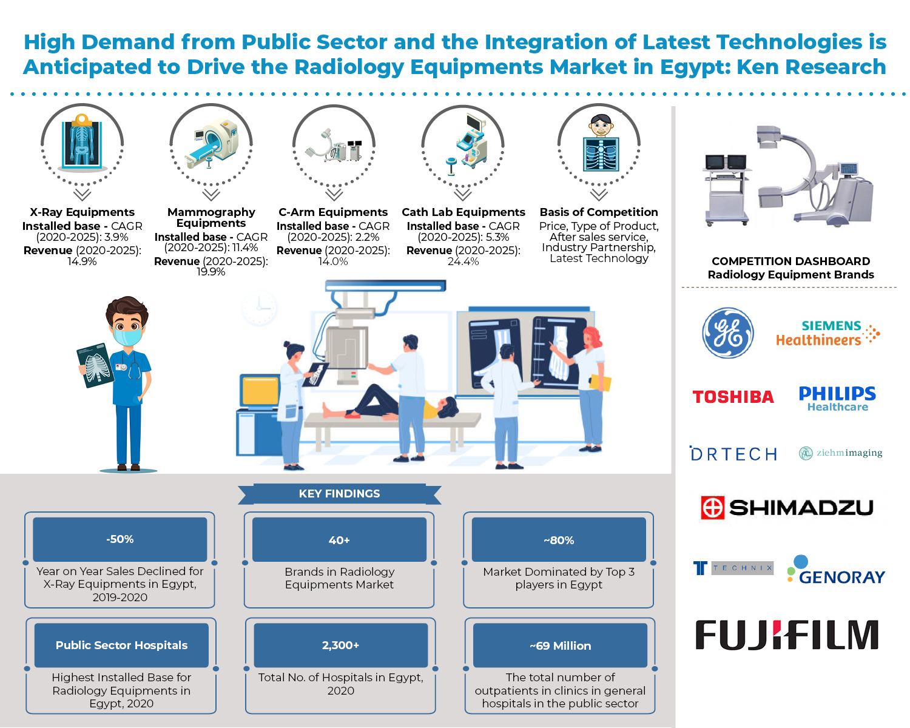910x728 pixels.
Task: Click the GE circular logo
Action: pyautogui.click(x=728, y=333)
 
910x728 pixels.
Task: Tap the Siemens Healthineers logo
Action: pyautogui.click(x=827, y=333)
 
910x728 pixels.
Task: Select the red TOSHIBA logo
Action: pyautogui.click(x=733, y=397)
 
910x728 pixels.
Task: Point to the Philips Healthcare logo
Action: pyautogui.click(x=837, y=398)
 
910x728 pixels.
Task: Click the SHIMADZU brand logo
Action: pyautogui.click(x=787, y=507)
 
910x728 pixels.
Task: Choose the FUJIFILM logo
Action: pyautogui.click(x=787, y=635)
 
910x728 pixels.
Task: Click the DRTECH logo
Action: pyautogui.click(x=733, y=454)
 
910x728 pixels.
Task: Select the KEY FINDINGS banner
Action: pyautogui.click(x=339, y=494)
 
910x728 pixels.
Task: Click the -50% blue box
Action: pyautogui.click(x=120, y=539)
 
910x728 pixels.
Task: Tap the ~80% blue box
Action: pyautogui.click(x=559, y=540)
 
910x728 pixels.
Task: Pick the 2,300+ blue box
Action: pyautogui.click(x=340, y=645)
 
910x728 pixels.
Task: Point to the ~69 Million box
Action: pyautogui.click(x=560, y=645)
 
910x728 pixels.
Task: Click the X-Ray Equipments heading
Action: pyautogui.click(x=83, y=212)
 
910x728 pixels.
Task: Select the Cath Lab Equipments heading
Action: pyautogui.click(x=463, y=212)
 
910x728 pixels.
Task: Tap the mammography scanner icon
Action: pyautogui.click(x=212, y=144)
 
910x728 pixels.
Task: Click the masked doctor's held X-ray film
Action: pyautogui.click(x=95, y=365)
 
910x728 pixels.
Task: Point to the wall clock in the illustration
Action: pyautogui.click(x=259, y=308)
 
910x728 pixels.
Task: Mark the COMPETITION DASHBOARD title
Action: pyautogui.click(x=790, y=261)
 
